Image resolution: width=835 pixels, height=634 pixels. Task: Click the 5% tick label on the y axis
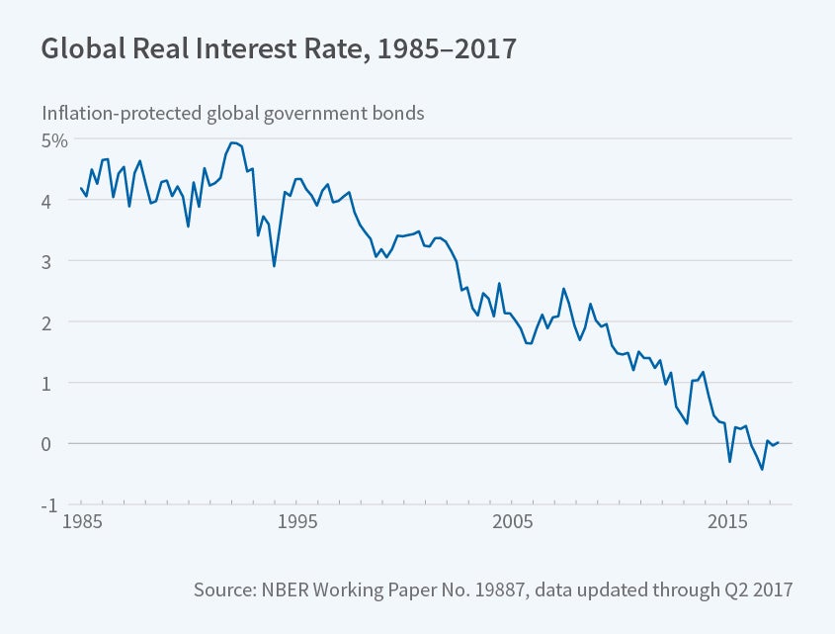[x=54, y=139]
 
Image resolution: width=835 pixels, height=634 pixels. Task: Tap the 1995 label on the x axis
[x=298, y=521]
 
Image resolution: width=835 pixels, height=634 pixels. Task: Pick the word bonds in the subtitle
[x=398, y=113]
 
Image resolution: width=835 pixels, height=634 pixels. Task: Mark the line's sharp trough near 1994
[x=274, y=266]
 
